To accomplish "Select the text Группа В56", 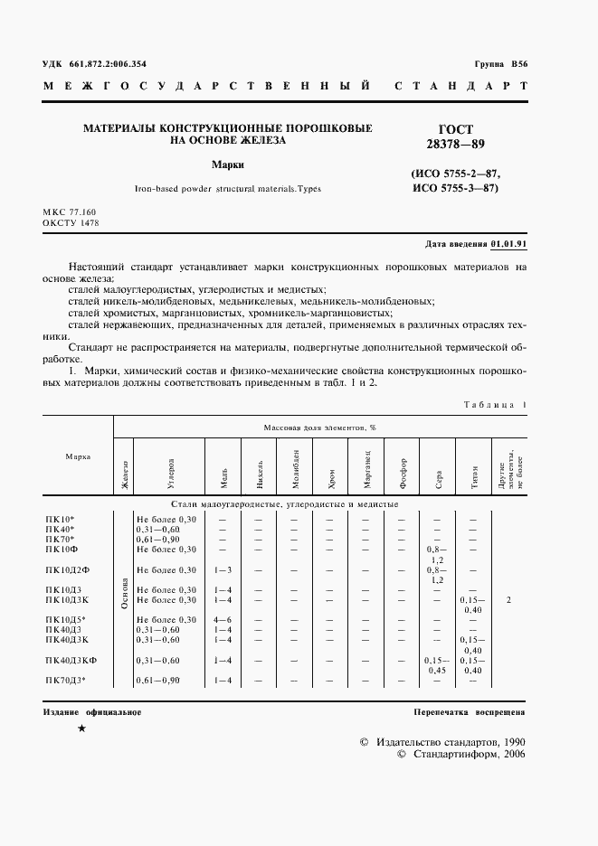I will (x=499, y=65).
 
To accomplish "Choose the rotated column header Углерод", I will (x=169, y=467).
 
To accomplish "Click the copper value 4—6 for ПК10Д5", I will (x=223, y=619).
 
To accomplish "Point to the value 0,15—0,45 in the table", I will (x=438, y=665).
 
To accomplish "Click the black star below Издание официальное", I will (x=82, y=728).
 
